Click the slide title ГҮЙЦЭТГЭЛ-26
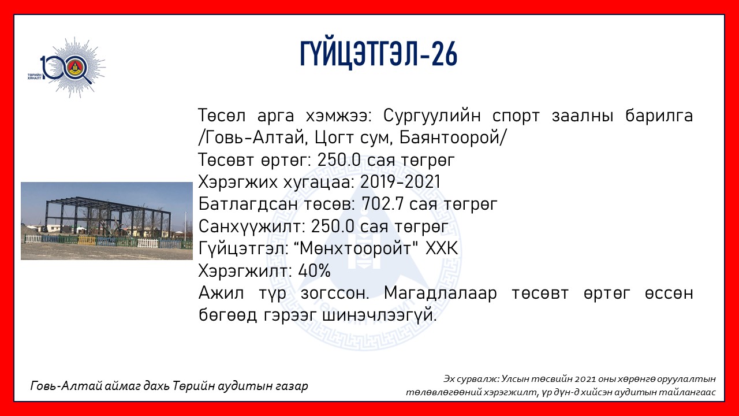point(378,54)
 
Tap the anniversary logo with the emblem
point(67,68)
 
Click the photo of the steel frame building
point(107,221)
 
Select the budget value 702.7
point(383,204)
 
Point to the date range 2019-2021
point(400,181)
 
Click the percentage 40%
point(314,271)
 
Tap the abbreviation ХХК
point(442,248)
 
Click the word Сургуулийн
point(432,116)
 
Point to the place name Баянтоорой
point(449,138)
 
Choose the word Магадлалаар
point(441,293)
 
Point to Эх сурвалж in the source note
point(472,379)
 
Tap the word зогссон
point(334,294)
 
